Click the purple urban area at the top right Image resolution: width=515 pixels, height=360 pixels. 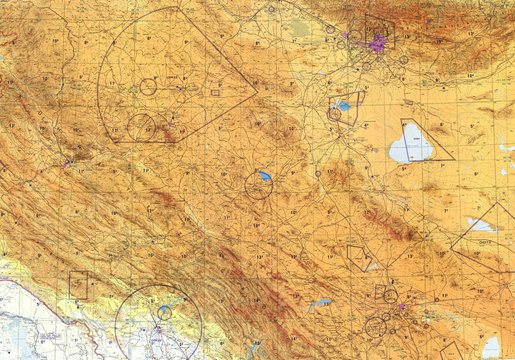pyautogui.click(x=376, y=43)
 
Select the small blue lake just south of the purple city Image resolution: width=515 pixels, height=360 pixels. pyautogui.click(x=344, y=105)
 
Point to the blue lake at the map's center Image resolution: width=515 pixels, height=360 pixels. pyautogui.click(x=264, y=176)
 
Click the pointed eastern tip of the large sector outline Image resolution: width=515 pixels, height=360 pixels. pyautogui.click(x=257, y=93)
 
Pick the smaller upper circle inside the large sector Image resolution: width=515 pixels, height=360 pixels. pyautogui.click(x=148, y=87)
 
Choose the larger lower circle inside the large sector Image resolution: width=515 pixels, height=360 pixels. pyautogui.click(x=141, y=127)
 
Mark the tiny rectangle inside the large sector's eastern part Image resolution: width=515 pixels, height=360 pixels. pyautogui.click(x=215, y=93)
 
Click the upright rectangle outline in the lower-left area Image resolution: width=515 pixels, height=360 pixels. pyautogui.click(x=78, y=285)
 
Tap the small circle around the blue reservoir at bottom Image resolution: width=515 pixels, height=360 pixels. pyautogui.click(x=164, y=312)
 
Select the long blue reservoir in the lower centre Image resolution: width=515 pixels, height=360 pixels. pyautogui.click(x=320, y=303)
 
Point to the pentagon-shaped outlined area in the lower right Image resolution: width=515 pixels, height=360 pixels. pyautogui.click(x=357, y=256)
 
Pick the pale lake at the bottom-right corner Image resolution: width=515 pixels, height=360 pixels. pyautogui.click(x=491, y=347)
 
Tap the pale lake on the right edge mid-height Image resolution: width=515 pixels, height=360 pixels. pyautogui.click(x=480, y=225)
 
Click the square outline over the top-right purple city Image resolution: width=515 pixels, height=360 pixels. pyautogui.click(x=380, y=35)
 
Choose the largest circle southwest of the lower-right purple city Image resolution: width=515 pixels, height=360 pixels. pyautogui.click(x=376, y=326)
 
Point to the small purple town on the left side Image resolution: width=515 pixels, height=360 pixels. pyautogui.click(x=67, y=163)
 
